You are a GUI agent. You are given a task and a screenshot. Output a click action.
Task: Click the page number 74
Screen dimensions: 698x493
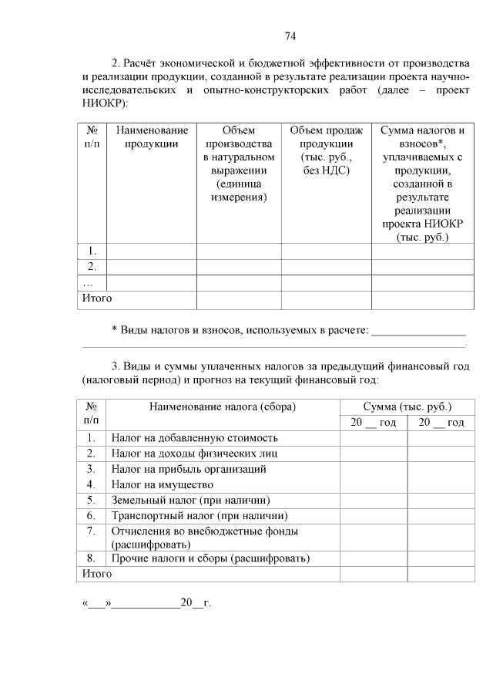coord(290,36)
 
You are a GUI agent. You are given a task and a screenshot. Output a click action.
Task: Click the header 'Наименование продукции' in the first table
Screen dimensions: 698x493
coord(152,137)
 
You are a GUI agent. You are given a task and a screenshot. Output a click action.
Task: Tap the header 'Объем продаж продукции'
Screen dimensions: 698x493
coord(326,150)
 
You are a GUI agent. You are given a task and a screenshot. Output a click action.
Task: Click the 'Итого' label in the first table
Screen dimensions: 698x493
coord(97,298)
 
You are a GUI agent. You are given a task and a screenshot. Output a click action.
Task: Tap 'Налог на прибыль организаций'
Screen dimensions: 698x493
coord(189,468)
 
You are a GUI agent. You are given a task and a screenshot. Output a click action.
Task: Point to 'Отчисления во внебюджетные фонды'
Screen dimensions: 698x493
coord(204,531)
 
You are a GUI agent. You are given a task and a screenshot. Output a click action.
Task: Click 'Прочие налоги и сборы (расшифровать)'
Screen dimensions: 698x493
coord(210,558)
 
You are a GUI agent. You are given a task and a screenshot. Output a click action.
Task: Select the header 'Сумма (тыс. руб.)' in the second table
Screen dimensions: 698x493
coord(407,406)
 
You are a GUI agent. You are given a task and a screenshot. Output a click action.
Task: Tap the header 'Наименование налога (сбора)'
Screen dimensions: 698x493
coord(223,406)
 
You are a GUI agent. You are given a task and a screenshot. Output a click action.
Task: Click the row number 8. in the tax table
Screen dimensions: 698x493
coord(91,558)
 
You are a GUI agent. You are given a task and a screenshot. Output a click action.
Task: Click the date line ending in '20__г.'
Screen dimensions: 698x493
coord(146,603)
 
